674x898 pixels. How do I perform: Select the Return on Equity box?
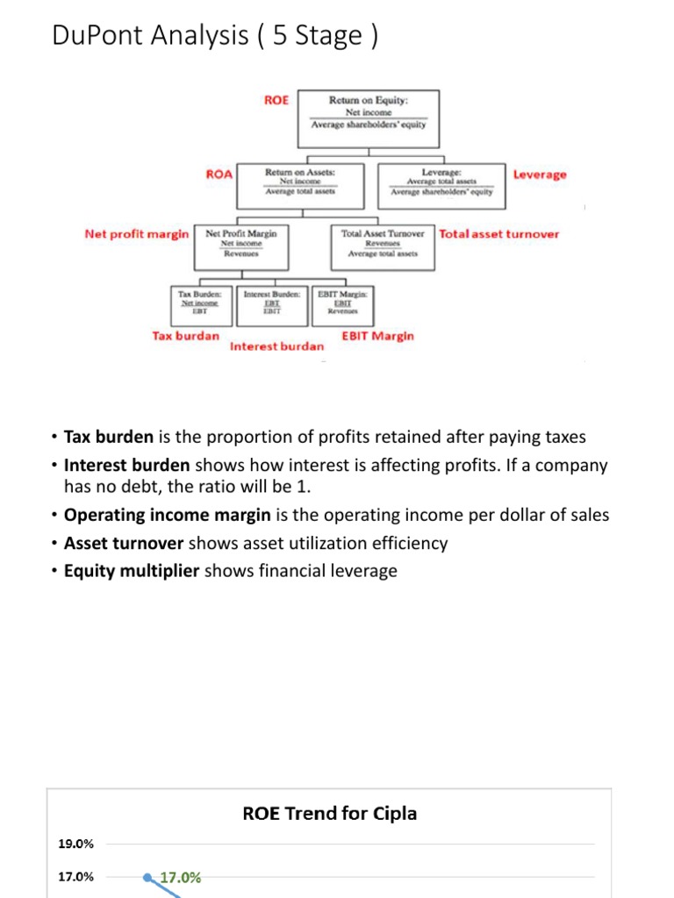pos(369,112)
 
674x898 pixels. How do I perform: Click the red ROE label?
pos(276,101)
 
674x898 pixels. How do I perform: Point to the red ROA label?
pos(219,175)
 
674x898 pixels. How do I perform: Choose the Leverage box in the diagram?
pos(441,184)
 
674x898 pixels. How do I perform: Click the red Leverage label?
pos(540,175)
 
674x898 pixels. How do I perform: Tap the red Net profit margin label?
pos(136,234)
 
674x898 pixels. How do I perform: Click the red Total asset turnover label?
pos(498,234)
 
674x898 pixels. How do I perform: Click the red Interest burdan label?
pos(276,346)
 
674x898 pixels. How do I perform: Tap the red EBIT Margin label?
pos(377,336)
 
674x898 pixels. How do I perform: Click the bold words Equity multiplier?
pos(132,571)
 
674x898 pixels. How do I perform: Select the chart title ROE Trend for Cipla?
pos(329,813)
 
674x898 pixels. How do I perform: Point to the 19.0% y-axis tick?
pos(75,845)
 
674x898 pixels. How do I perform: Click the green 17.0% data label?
pos(180,877)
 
